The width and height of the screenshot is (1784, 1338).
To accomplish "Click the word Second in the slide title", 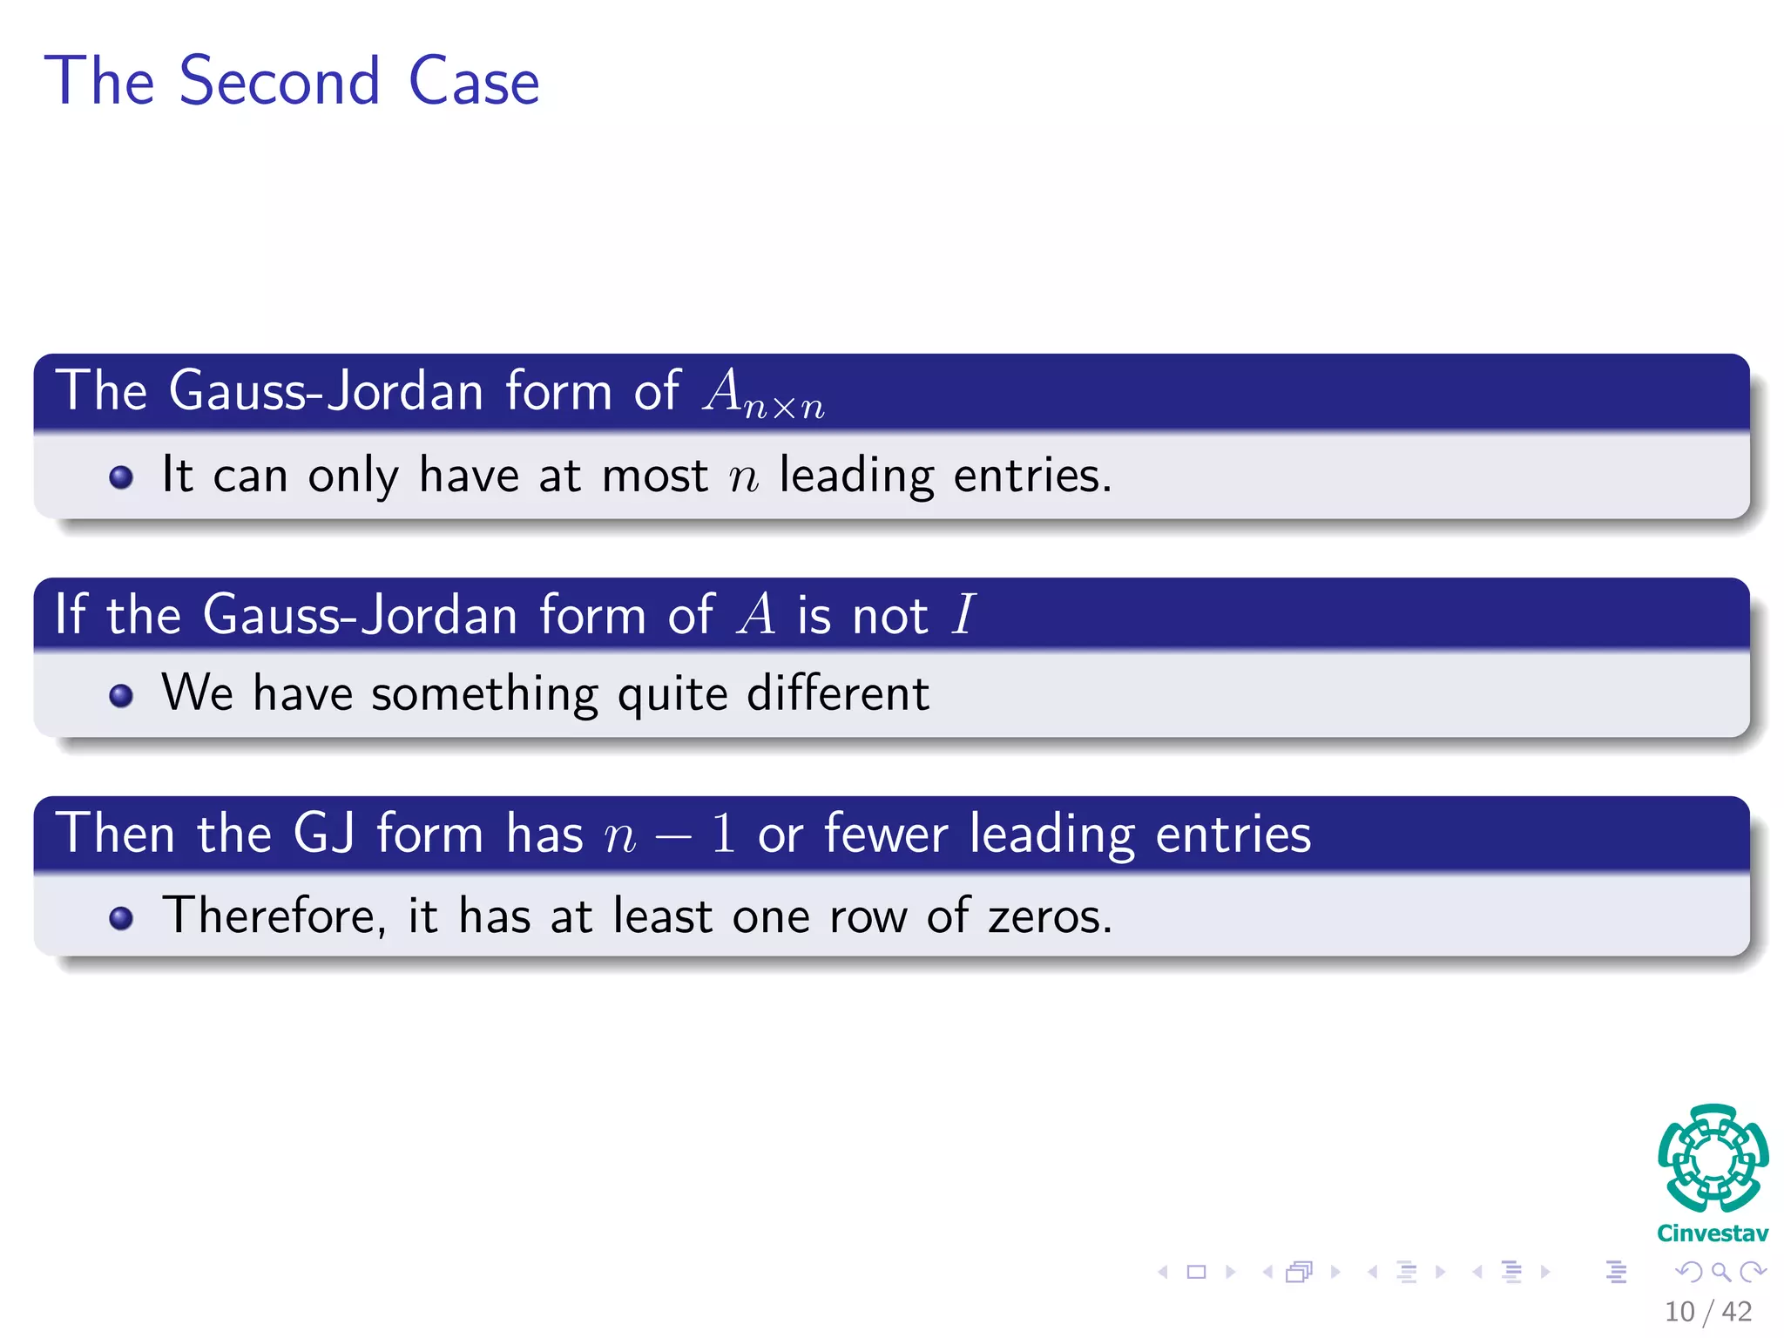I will tap(280, 81).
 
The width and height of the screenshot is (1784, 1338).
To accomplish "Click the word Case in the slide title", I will tap(474, 81).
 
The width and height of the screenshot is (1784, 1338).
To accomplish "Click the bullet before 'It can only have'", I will tap(121, 476).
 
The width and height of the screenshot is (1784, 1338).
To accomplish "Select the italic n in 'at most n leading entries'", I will tap(744, 477).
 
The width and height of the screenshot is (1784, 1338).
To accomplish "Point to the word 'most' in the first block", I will tap(654, 476).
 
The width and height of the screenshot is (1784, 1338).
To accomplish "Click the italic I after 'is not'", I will tap(963, 614).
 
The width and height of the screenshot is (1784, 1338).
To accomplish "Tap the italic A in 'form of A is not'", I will tap(756, 614).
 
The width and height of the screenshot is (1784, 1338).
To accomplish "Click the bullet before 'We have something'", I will tap(121, 695).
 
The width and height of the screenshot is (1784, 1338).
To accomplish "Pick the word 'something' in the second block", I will tap(484, 695).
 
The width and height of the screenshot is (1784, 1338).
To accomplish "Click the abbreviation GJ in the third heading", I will tap(324, 833).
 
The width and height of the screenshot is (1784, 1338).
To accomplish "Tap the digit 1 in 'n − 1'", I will tap(723, 833).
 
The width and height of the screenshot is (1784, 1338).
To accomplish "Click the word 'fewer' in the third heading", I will tap(886, 833).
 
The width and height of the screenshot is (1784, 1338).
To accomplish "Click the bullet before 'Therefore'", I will tap(121, 918).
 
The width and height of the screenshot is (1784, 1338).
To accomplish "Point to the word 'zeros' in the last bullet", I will tap(1048, 916).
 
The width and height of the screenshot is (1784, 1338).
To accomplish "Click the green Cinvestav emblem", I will tap(1713, 1158).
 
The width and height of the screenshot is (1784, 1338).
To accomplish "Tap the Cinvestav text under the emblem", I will tap(1713, 1233).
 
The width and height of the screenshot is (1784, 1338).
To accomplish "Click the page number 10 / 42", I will tap(1707, 1311).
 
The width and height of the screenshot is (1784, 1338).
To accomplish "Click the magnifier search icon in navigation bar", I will tap(1720, 1272).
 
